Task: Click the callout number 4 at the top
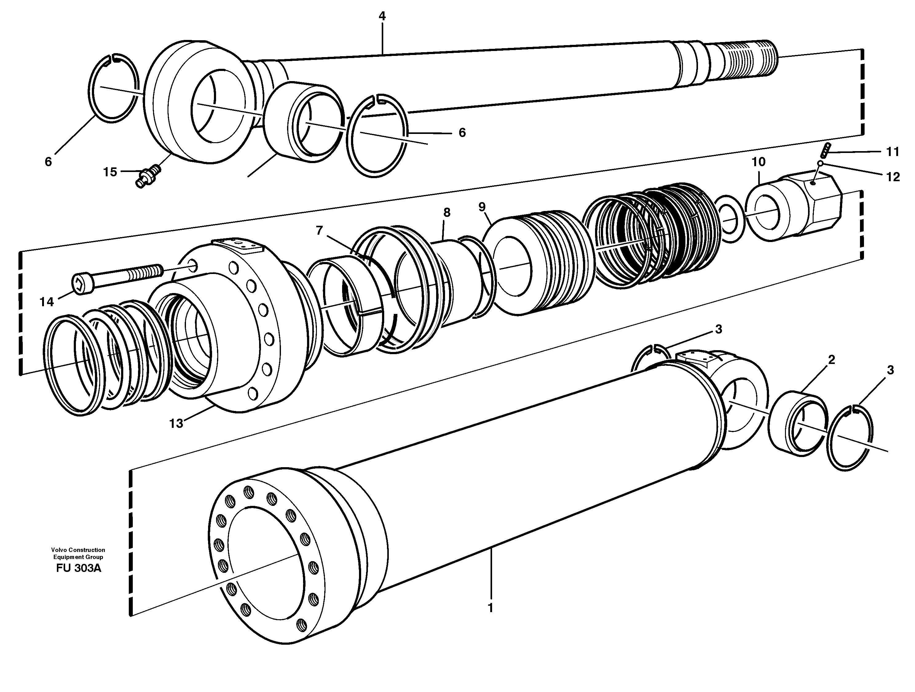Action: [x=382, y=16]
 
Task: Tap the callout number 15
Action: [x=110, y=172]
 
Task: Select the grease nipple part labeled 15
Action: [x=148, y=176]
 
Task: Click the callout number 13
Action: [x=176, y=423]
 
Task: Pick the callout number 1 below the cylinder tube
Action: [x=491, y=608]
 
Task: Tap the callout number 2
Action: [x=831, y=360]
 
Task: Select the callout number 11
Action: [x=893, y=152]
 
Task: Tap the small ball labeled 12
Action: [x=820, y=164]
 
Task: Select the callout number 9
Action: [x=482, y=207]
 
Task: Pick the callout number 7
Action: [x=319, y=230]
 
